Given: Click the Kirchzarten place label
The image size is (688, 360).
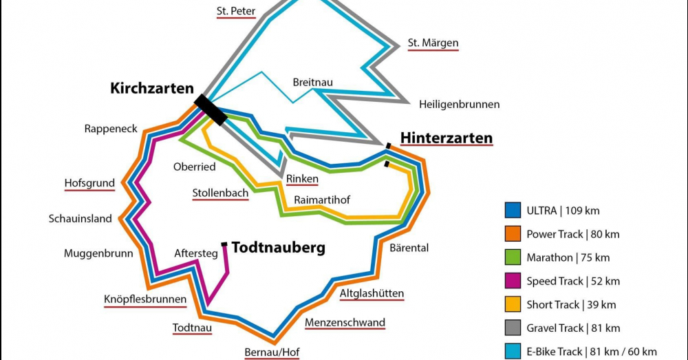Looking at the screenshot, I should click(x=152, y=88).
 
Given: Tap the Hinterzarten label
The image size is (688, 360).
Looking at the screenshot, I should click(x=447, y=138).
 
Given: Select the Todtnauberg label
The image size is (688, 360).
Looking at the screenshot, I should click(x=278, y=247).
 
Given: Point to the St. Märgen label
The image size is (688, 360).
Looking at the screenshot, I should click(x=433, y=43).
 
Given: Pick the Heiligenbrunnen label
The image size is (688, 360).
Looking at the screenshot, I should click(x=459, y=105).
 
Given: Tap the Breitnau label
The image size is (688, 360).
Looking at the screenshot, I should click(x=312, y=82).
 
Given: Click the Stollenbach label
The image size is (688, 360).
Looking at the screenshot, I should click(x=220, y=193).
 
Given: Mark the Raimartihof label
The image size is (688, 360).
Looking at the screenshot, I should click(x=322, y=200).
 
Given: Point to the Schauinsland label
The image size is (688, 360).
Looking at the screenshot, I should click(x=80, y=219).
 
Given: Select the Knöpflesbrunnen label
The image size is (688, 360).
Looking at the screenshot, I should click(x=144, y=299).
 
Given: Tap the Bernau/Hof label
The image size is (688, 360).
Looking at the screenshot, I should click(x=273, y=353).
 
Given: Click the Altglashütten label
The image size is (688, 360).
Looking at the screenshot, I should click(x=372, y=294).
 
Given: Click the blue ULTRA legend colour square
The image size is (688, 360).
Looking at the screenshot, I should click(x=513, y=211).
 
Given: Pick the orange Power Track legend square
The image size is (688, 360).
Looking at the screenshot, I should click(x=513, y=234).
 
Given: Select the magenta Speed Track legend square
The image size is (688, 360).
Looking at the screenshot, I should click(x=513, y=281).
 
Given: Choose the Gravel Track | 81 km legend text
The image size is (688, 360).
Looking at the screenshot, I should click(x=573, y=328).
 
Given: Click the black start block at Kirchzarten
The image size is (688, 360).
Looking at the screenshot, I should click(x=211, y=110).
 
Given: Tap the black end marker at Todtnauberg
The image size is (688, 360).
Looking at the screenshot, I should click(x=224, y=244).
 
